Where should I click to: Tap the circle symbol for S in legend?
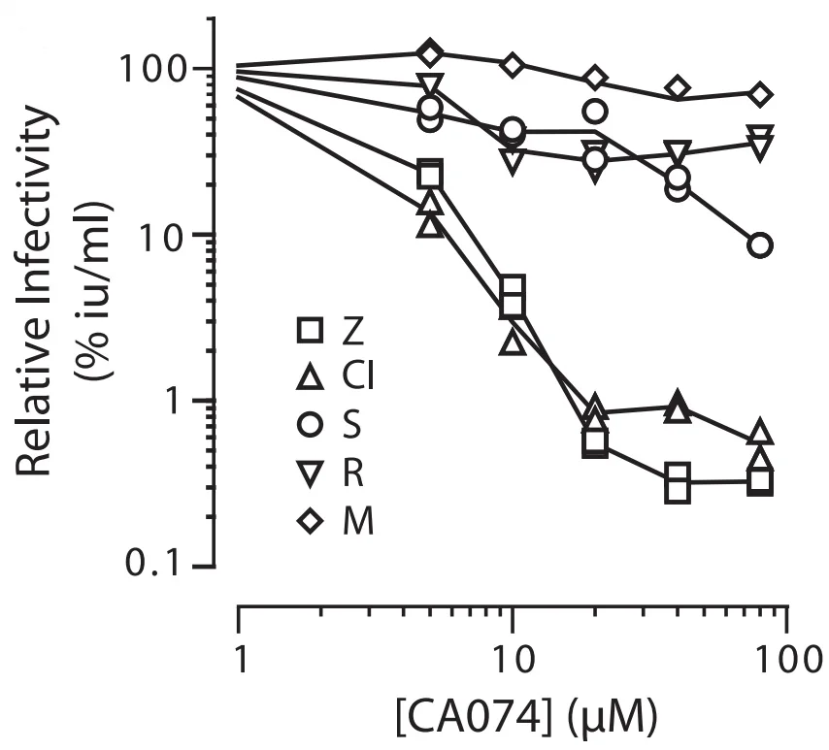324,427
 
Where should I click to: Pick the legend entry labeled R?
326,474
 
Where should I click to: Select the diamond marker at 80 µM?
760,95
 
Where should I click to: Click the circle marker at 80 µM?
760,245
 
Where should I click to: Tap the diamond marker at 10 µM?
513,66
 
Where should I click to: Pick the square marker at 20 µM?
595,443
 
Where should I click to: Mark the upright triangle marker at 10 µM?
513,342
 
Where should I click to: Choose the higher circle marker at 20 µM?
595,111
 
